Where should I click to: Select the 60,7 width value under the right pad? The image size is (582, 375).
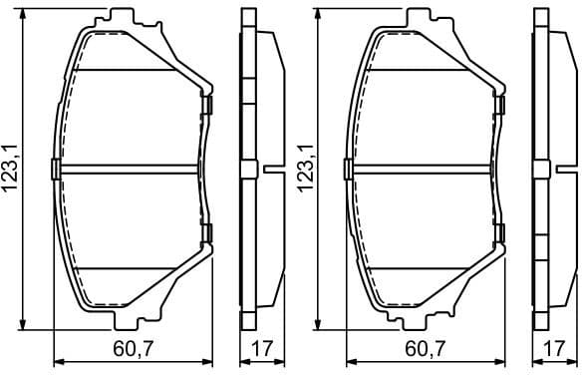click(426, 351)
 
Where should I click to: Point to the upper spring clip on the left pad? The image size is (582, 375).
click(208, 104)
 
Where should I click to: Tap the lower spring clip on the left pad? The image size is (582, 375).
click(208, 233)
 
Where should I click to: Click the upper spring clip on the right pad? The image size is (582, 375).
click(500, 104)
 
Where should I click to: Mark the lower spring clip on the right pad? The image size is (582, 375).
click(500, 233)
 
